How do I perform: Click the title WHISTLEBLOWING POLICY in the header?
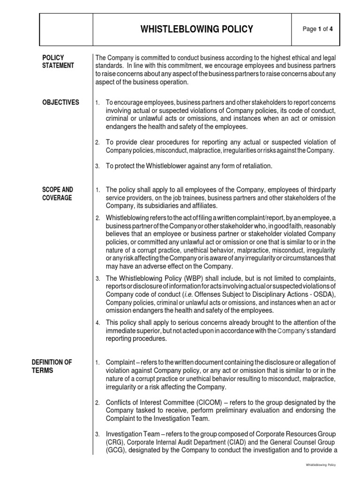pyautogui.click(x=197, y=30)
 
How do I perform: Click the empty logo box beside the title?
pyautogui.click(x=66, y=29)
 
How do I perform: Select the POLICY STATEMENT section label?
pyautogui.click(x=58, y=61)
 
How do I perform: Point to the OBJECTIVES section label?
pyautogui.click(x=61, y=103)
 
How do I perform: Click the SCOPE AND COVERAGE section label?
pyautogui.click(x=58, y=194)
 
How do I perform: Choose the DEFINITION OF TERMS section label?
pyautogui.click(x=52, y=366)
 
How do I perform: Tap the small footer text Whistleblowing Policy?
pyautogui.click(x=321, y=465)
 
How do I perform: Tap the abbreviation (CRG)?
pyautogui.click(x=114, y=442)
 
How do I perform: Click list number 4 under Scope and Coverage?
pyautogui.click(x=97, y=322)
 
